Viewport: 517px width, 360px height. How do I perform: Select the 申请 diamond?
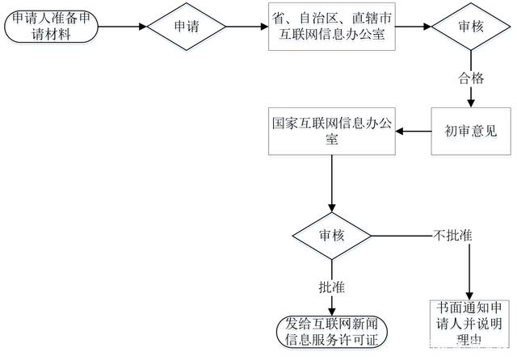[187, 27]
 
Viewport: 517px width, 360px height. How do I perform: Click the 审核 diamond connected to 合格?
[470, 27]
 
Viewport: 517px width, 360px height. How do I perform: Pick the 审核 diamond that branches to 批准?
[330, 236]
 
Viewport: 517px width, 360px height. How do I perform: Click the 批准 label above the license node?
[331, 287]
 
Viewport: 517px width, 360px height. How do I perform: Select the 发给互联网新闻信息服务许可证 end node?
[331, 331]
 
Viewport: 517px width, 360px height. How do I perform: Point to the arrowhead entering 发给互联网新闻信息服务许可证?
[331, 308]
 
